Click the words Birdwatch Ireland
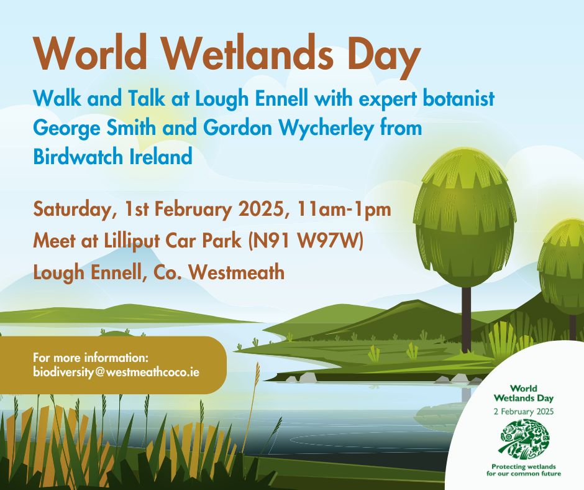point(113,157)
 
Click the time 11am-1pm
point(344,209)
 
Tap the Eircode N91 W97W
point(306,241)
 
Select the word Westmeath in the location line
point(237,272)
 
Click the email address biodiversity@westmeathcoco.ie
point(116,372)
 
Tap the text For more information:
point(91,358)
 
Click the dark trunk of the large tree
point(466,320)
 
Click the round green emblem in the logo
point(526,439)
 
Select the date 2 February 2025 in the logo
point(524,411)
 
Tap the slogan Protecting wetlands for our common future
point(524,470)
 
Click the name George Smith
point(94,129)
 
